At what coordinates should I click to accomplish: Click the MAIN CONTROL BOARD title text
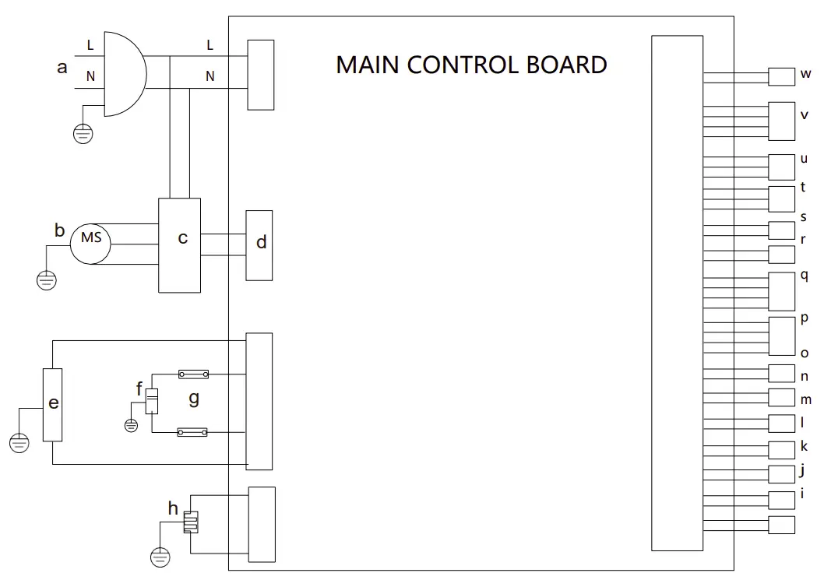[x=471, y=65]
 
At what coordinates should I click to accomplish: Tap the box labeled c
[x=179, y=245]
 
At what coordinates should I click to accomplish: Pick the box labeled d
[x=259, y=245]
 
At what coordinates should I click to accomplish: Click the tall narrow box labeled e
[x=52, y=405]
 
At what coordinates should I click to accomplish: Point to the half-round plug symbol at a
[x=122, y=74]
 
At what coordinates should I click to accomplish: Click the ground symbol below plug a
[x=83, y=134]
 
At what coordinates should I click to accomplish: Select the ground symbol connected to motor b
[x=47, y=279]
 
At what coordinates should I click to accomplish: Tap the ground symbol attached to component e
[x=19, y=443]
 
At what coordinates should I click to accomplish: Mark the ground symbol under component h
[x=160, y=556]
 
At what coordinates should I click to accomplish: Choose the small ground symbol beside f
[x=131, y=424]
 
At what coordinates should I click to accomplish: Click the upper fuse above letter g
[x=192, y=374]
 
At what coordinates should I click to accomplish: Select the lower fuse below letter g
[x=192, y=431]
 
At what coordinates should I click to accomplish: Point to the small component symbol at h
[x=191, y=522]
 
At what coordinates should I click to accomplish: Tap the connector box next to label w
[x=781, y=76]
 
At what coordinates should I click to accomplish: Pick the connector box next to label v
[x=781, y=119]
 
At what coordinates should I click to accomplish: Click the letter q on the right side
[x=805, y=275]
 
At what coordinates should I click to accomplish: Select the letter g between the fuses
[x=194, y=399]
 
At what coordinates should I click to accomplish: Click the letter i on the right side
[x=804, y=493]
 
